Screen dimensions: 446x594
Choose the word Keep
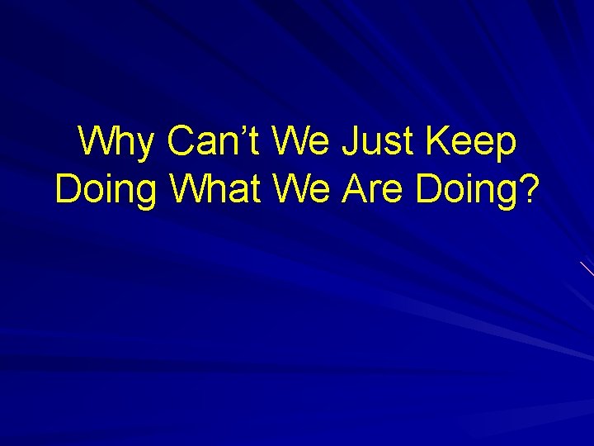tap(473, 141)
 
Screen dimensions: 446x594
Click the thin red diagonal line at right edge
tap(587, 268)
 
